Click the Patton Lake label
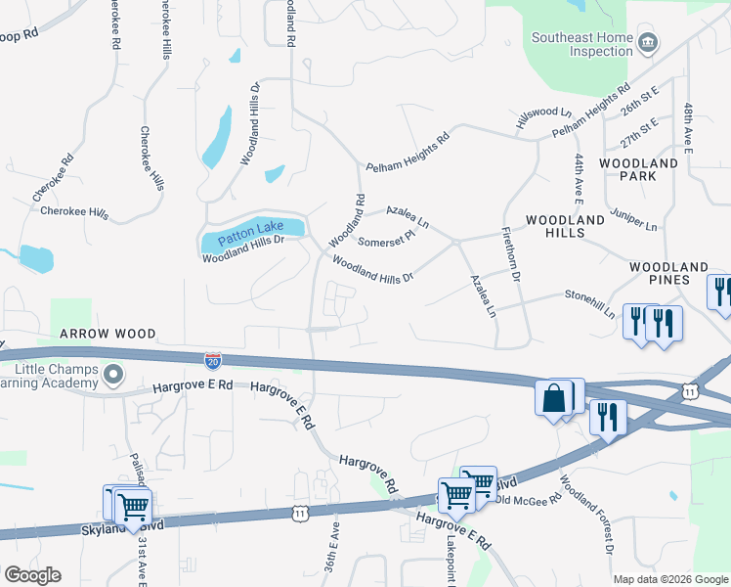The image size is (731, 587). [x=250, y=231]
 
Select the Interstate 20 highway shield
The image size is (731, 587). [x=213, y=361]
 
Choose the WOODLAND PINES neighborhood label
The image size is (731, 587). [x=667, y=267]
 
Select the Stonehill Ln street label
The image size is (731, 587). [x=590, y=304]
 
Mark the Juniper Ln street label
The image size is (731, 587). [x=633, y=218]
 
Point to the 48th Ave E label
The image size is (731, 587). [x=688, y=128]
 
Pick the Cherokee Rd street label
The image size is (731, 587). [x=54, y=177]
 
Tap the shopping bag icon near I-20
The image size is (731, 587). [x=553, y=399]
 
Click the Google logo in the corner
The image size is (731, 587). [x=32, y=575]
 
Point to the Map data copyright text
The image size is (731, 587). [x=670, y=579]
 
